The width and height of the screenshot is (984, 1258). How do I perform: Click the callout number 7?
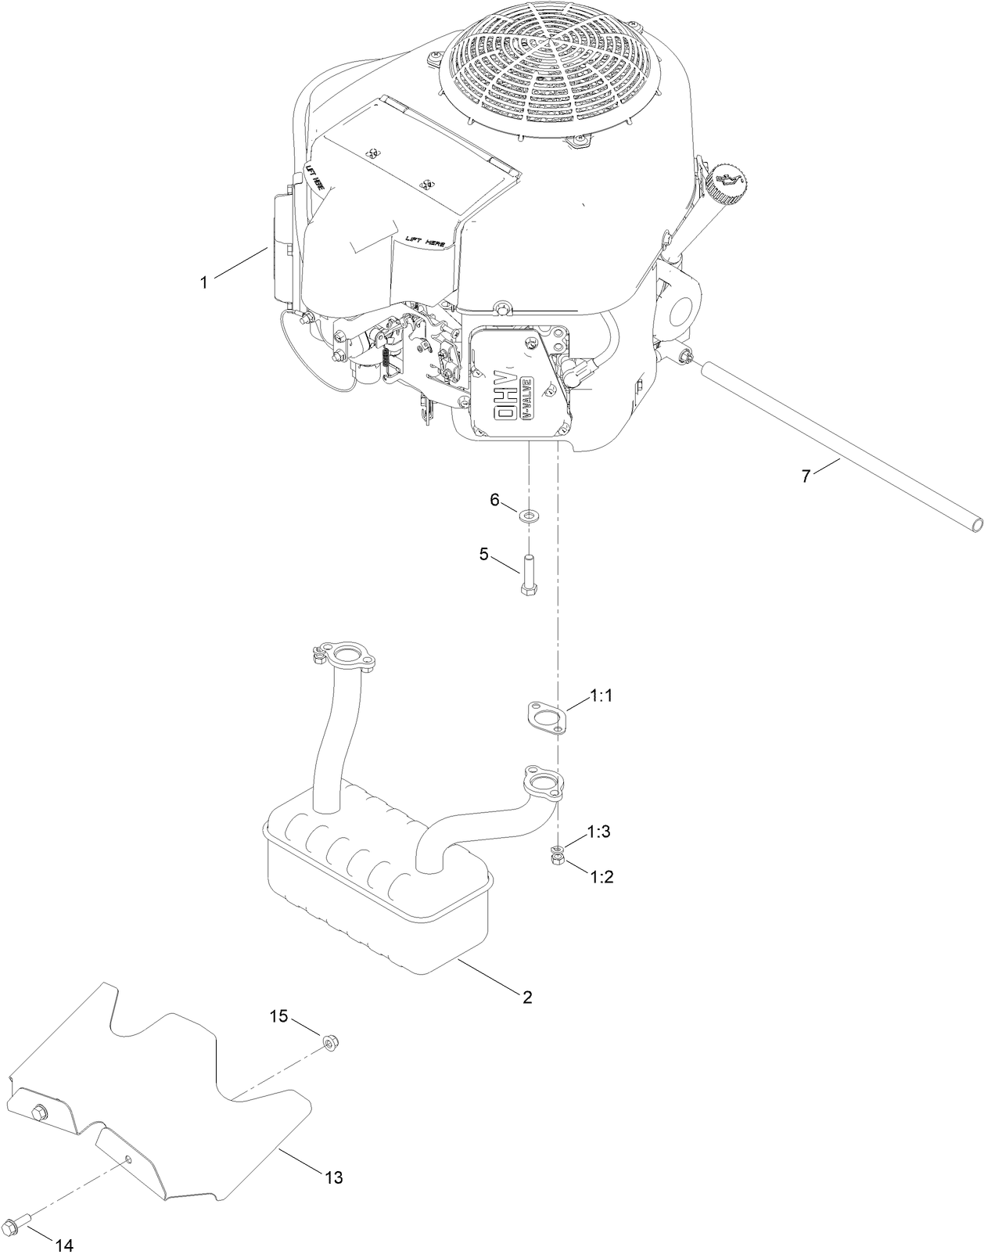click(806, 476)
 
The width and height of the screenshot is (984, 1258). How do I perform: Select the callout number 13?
click(334, 1177)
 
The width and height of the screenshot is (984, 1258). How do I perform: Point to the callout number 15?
click(279, 1016)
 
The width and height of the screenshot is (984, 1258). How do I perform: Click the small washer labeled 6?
click(530, 516)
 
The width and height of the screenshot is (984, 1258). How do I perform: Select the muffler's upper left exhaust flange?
click(346, 655)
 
